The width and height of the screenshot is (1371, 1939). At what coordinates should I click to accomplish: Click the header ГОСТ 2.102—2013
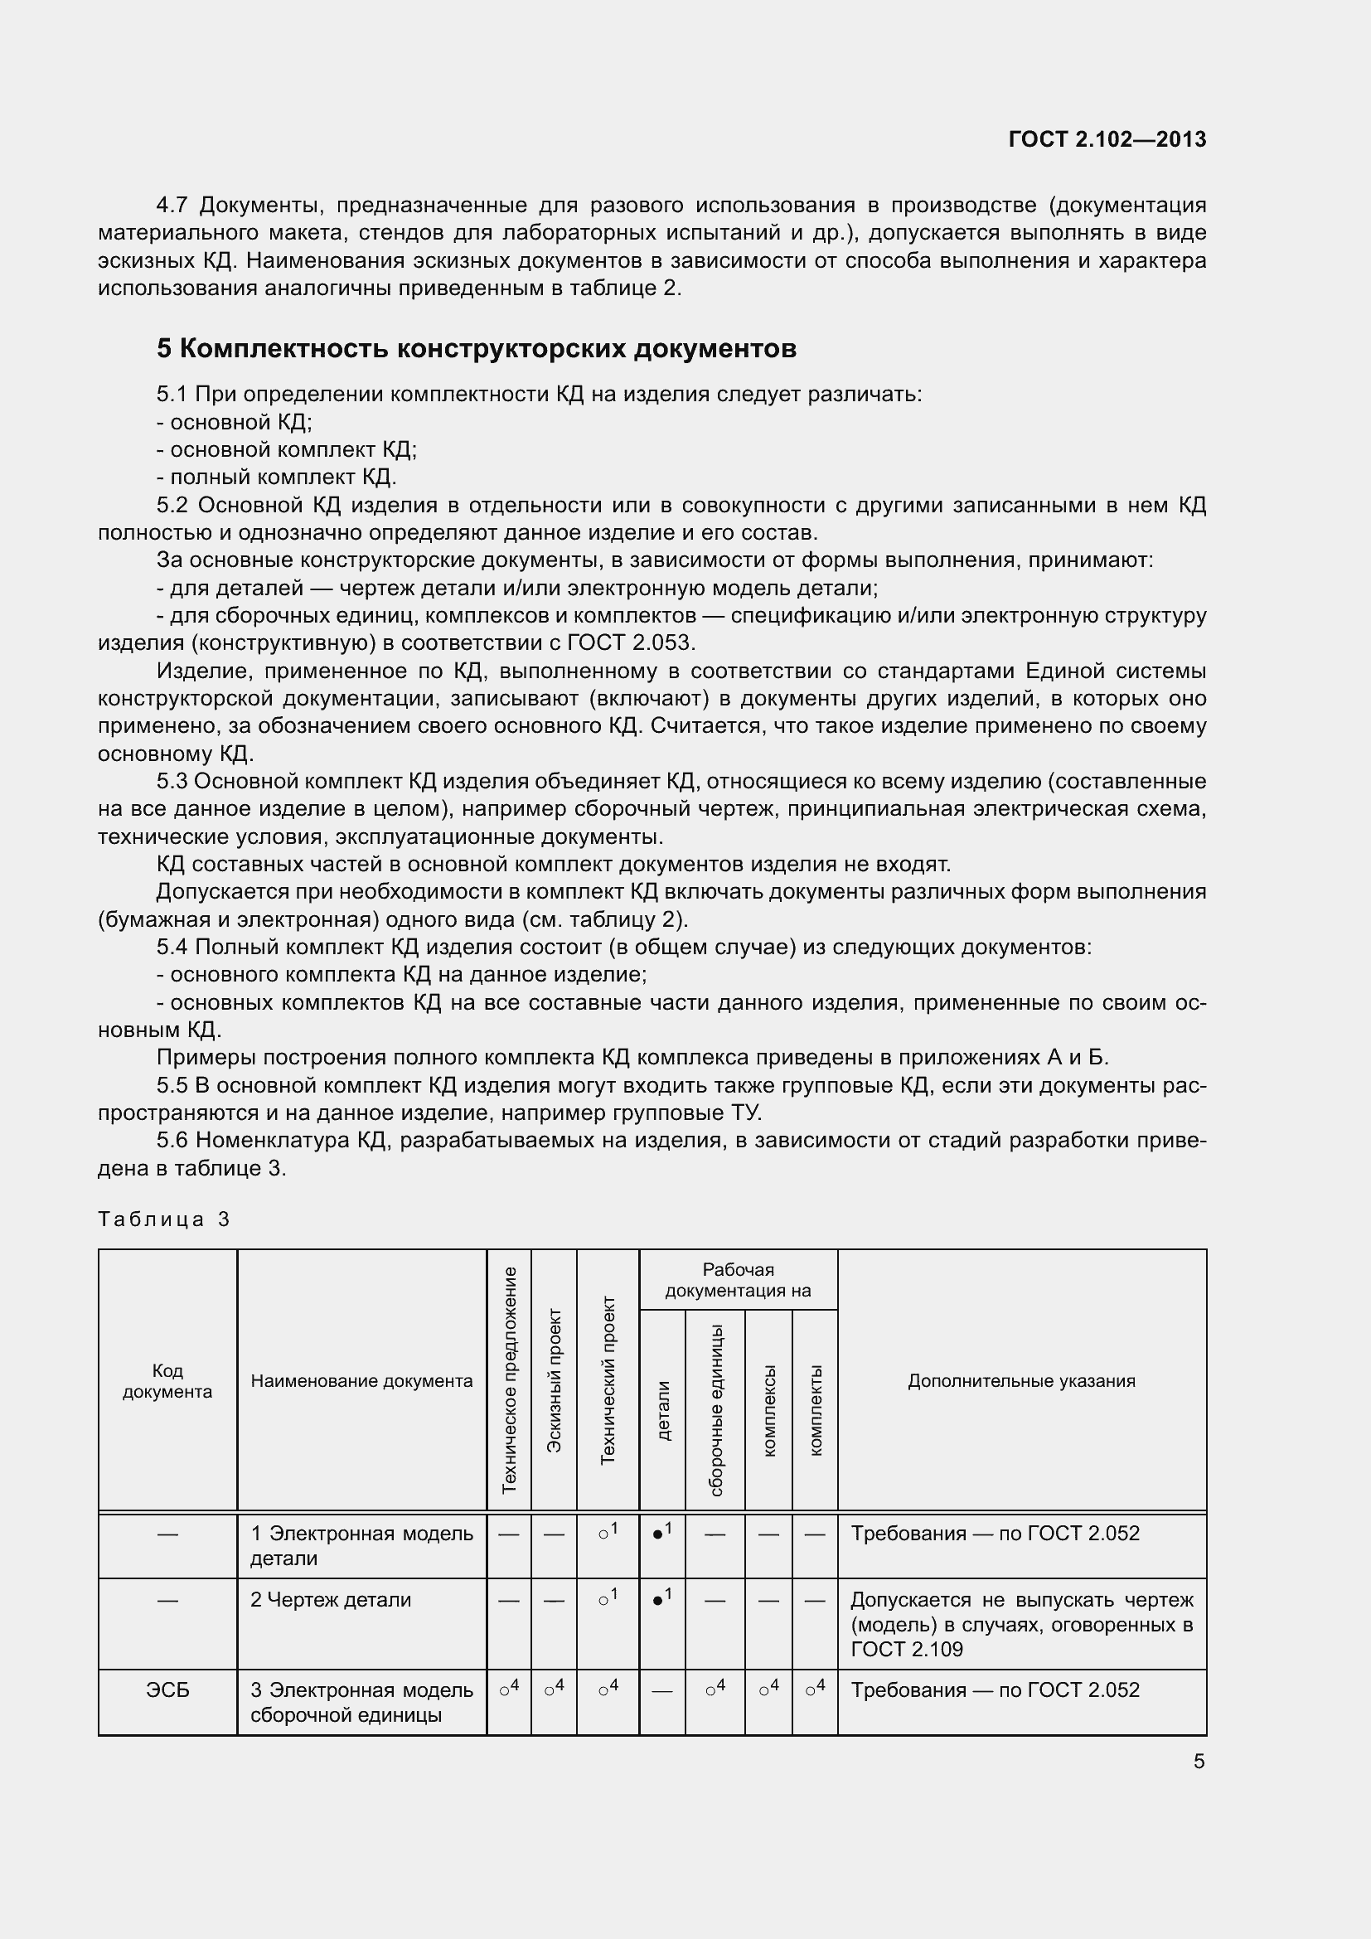(x=1107, y=139)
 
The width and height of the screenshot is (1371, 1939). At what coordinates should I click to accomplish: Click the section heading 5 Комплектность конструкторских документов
(x=476, y=349)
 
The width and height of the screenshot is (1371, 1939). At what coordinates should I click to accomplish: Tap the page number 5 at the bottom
(x=1199, y=1761)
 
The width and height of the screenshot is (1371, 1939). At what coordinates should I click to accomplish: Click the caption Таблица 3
(x=164, y=1219)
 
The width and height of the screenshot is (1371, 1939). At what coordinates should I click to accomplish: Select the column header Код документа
(x=167, y=1381)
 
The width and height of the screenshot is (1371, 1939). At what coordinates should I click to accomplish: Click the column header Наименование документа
(x=361, y=1381)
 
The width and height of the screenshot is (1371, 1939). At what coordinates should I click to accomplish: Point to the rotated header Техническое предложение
(x=509, y=1381)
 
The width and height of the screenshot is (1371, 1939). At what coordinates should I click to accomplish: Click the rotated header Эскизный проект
(x=554, y=1381)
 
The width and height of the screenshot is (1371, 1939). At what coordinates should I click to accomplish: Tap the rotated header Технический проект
(x=608, y=1381)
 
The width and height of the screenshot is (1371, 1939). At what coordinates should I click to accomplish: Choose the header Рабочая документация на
(x=738, y=1279)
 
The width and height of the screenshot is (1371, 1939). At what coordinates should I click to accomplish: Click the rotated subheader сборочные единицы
(x=716, y=1410)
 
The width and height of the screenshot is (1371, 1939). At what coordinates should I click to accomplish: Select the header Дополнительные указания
(x=1021, y=1381)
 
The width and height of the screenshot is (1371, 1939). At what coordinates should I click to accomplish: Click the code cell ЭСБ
(x=167, y=1689)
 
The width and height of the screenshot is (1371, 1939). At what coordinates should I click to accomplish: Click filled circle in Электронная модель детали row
(x=658, y=1534)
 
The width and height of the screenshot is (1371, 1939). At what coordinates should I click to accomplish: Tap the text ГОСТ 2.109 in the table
(x=907, y=1650)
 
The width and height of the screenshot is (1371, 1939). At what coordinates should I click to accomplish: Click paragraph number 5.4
(x=172, y=948)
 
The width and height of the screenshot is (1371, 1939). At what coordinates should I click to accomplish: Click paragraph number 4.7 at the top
(x=172, y=206)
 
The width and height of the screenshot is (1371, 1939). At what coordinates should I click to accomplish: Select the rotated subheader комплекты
(x=816, y=1410)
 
